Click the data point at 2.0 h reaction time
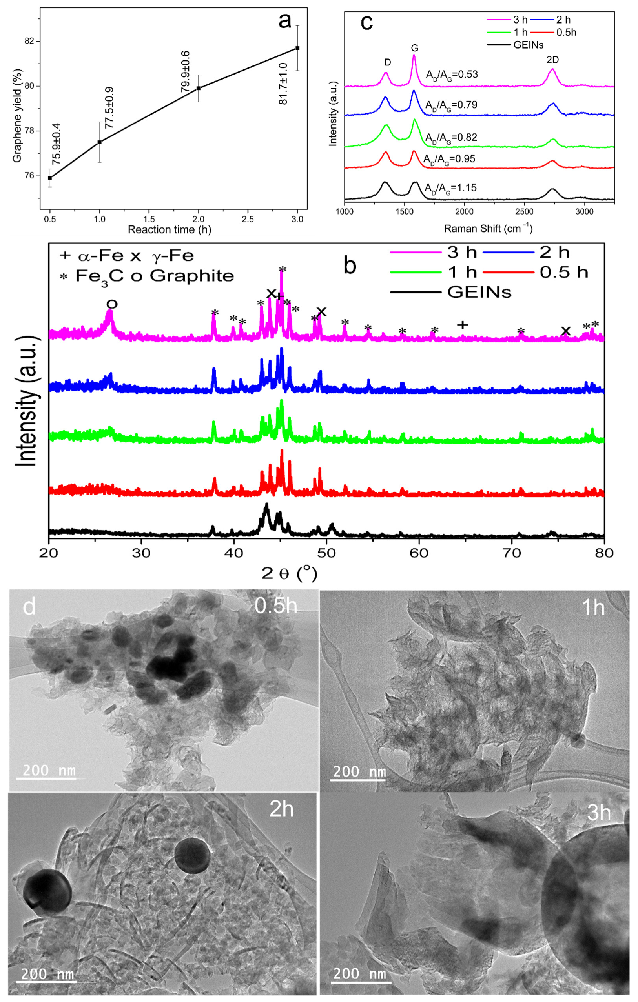pyautogui.click(x=199, y=88)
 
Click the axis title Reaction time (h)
pyautogui.click(x=169, y=230)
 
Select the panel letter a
pyautogui.click(x=285, y=21)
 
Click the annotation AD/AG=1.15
pyautogui.click(x=450, y=188)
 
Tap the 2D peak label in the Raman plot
pyautogui.click(x=552, y=60)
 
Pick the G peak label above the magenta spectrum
pyautogui.click(x=414, y=48)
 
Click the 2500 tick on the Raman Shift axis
pyautogui.click(x=524, y=212)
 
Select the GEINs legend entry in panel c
pyautogui.click(x=528, y=45)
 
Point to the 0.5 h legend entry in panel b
pyautogui.click(x=563, y=272)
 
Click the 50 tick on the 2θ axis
pyautogui.click(x=326, y=553)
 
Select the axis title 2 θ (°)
pyautogui.click(x=289, y=574)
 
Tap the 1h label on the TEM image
pyautogui.click(x=592, y=608)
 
